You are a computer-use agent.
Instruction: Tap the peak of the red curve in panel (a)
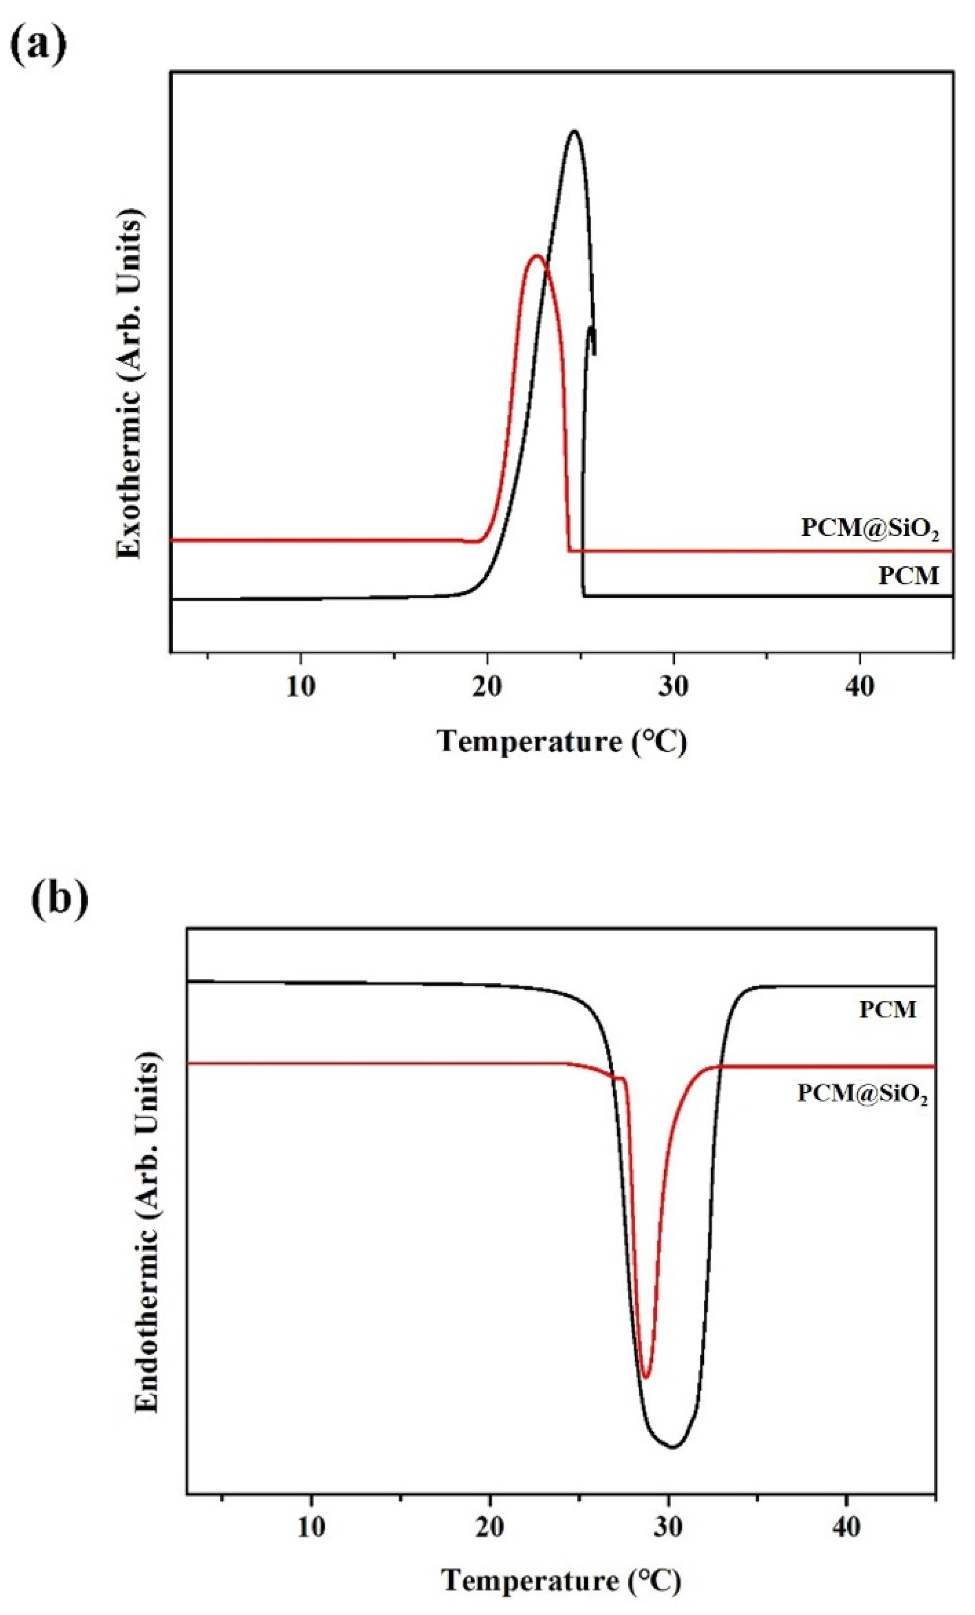[x=537, y=256]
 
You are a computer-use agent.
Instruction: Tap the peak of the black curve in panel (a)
[x=575, y=131]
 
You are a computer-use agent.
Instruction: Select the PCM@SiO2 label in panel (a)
[x=869, y=528]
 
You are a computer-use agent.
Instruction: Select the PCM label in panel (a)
[x=909, y=575]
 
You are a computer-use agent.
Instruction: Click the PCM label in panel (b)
[x=887, y=1010]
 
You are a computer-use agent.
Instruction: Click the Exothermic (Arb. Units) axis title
[x=130, y=388]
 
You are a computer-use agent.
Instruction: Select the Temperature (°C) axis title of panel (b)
[x=561, y=1581]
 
